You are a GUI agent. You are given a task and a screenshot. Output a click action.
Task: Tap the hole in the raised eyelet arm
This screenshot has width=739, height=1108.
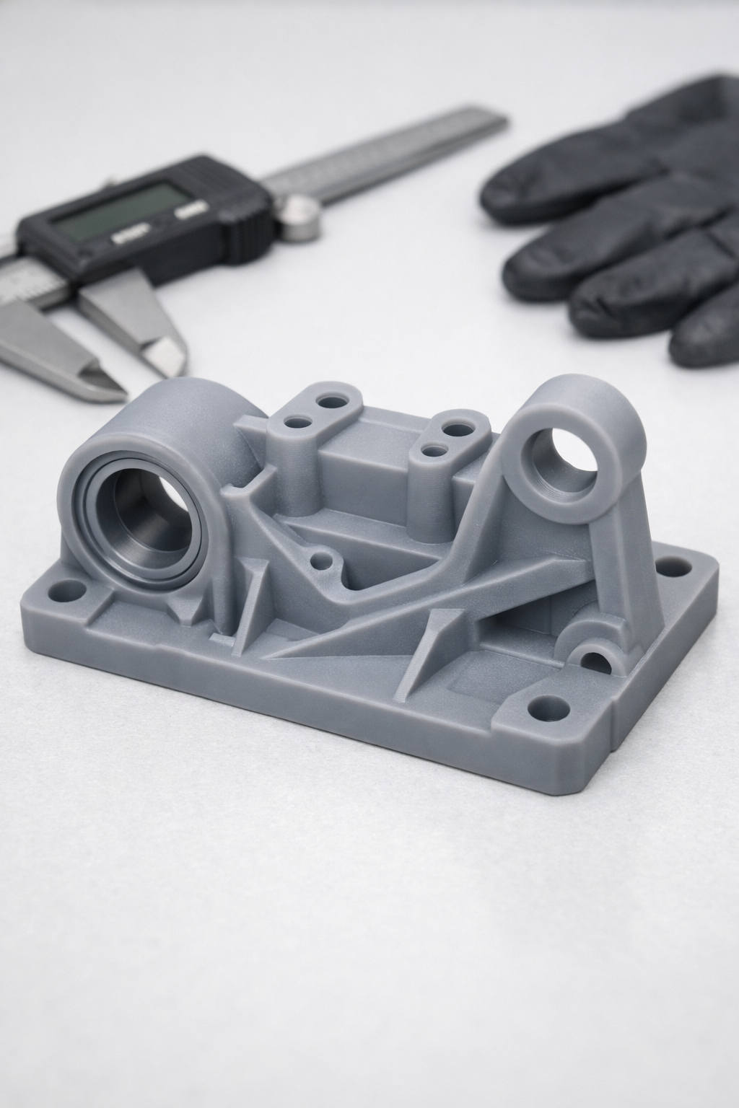point(568,462)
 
